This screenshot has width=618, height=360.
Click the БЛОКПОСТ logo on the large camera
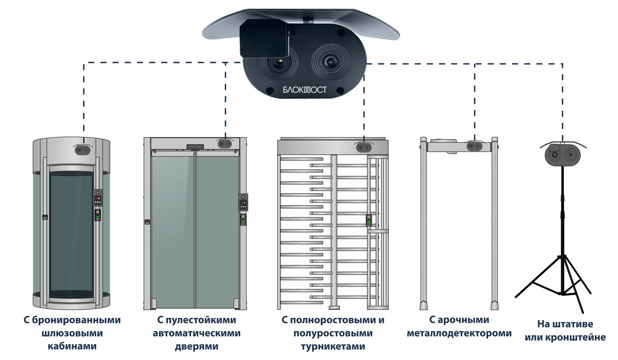[305, 90]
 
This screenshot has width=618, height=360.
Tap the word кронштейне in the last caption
[580, 337]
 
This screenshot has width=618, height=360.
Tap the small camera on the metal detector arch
[474, 145]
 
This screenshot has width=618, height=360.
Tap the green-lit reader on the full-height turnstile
[369, 220]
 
